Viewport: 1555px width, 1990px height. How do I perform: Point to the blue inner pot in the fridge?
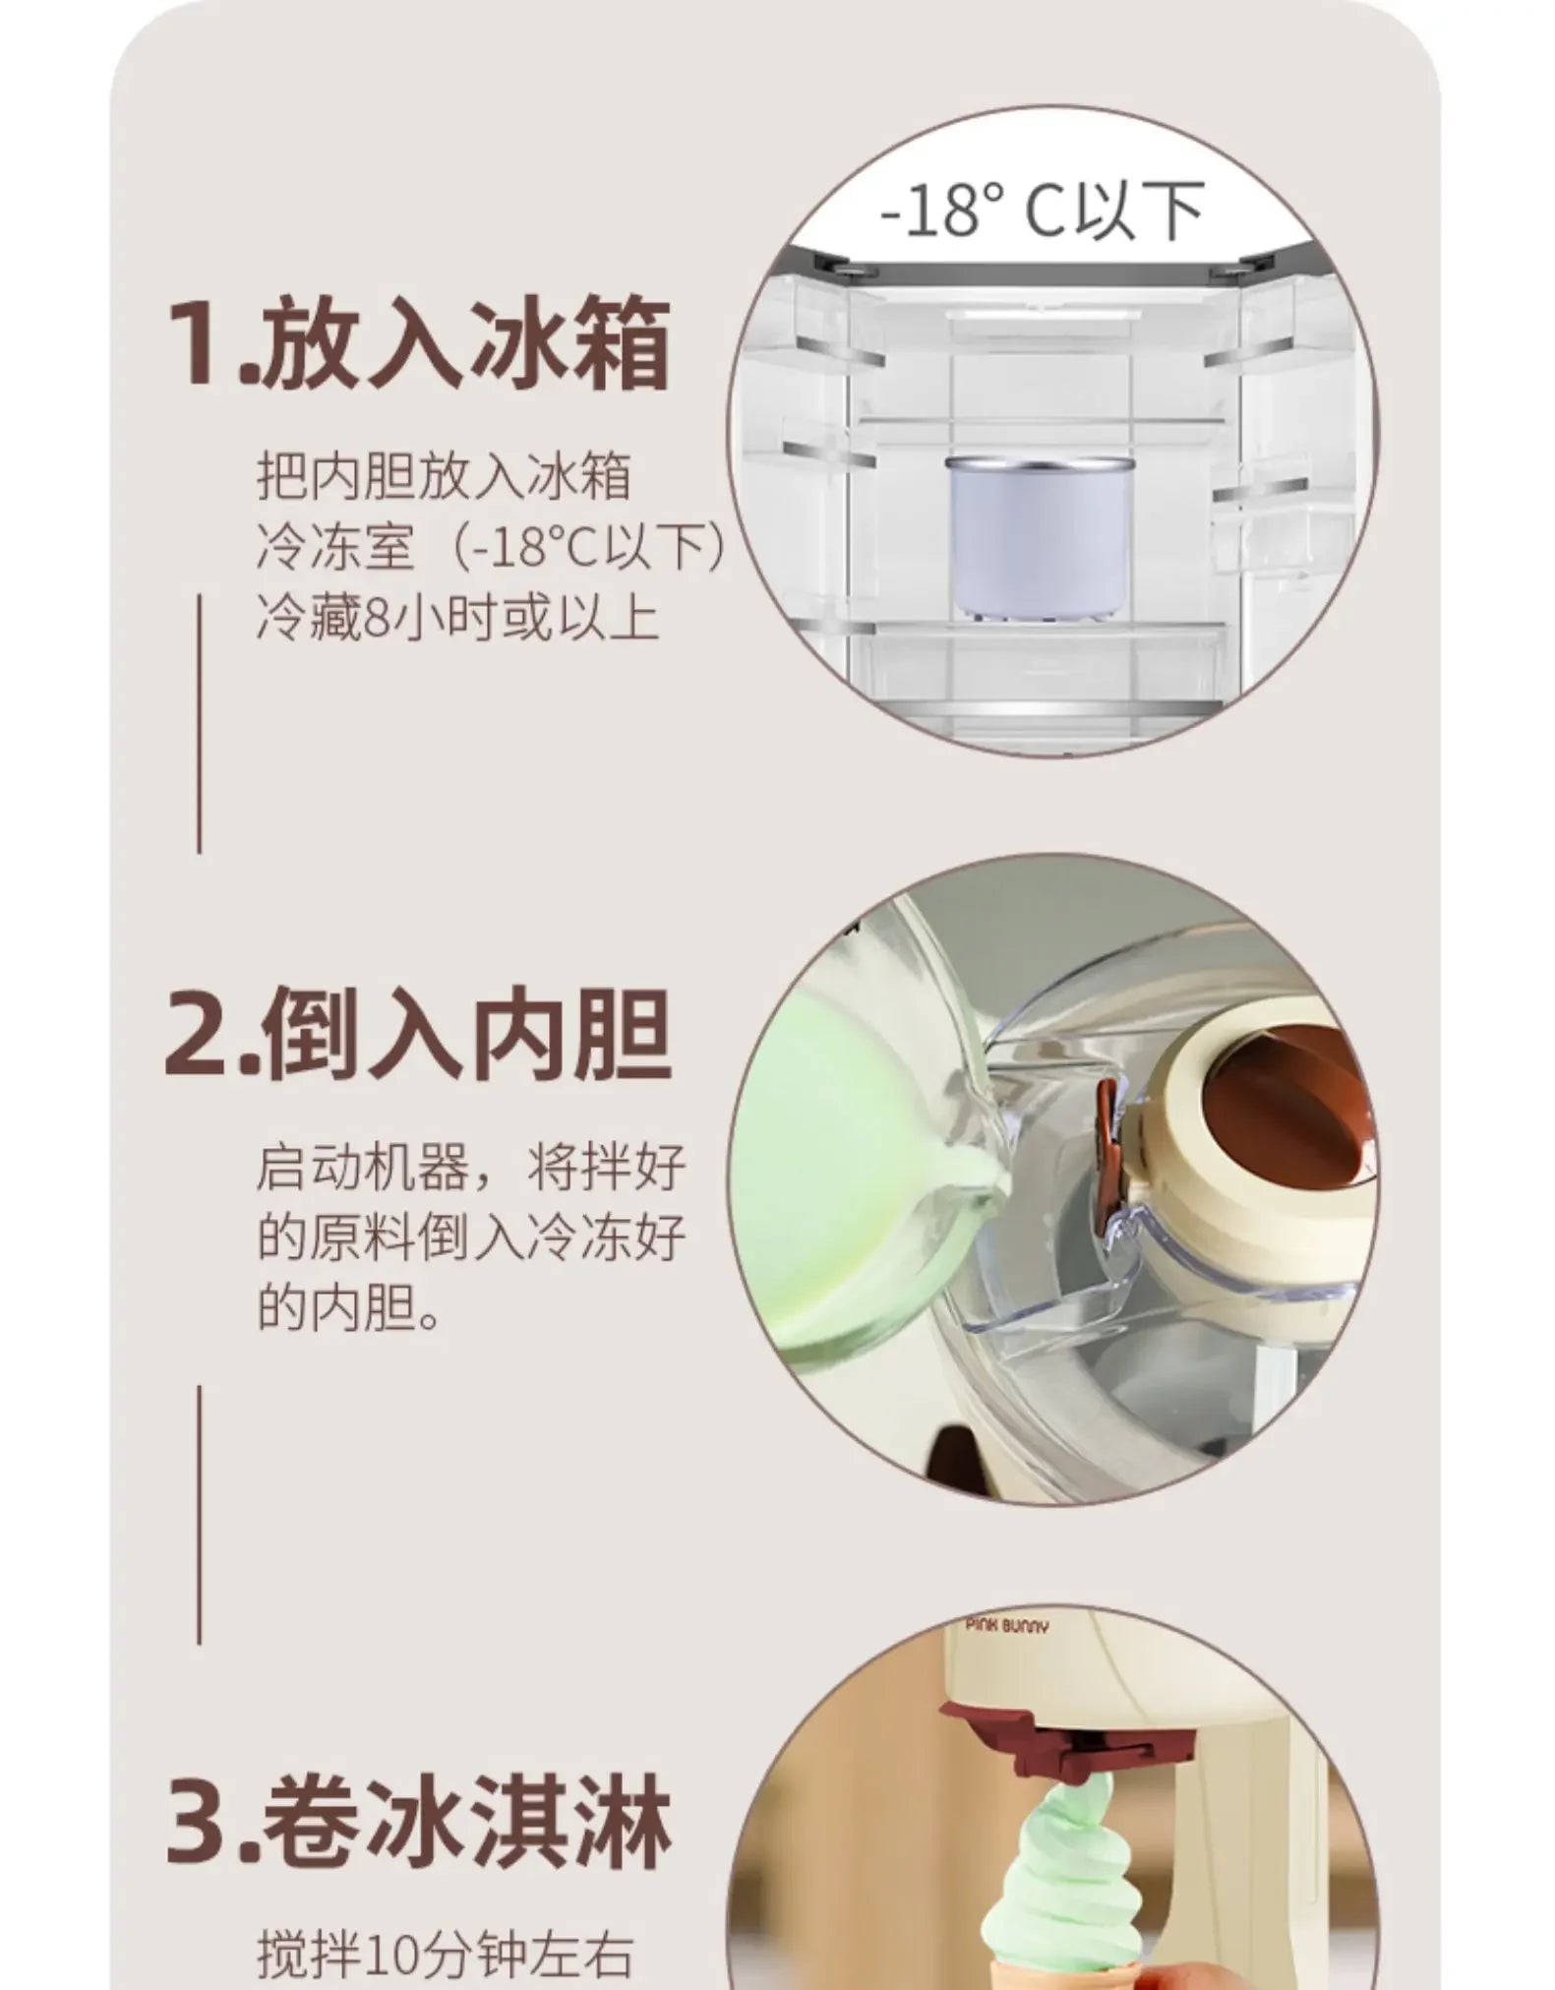click(1041, 536)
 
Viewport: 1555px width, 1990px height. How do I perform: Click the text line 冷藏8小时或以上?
click(457, 619)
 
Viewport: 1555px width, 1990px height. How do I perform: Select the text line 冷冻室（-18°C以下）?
click(492, 547)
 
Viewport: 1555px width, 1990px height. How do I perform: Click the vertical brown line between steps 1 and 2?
click(200, 723)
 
